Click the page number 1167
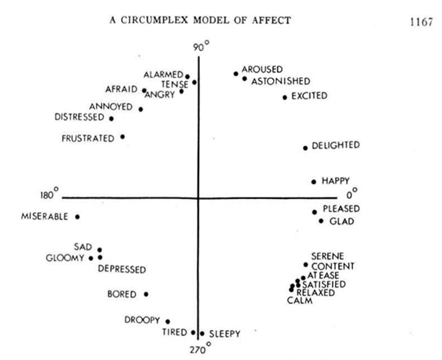(421, 22)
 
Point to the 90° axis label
(201, 47)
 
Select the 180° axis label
(49, 194)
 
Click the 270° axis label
(200, 348)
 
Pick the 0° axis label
(351, 194)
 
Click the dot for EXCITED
(285, 98)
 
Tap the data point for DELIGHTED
(305, 148)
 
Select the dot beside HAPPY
(314, 182)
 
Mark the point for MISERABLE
(77, 217)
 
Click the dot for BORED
(146, 294)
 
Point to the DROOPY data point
(168, 322)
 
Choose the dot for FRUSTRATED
(123, 137)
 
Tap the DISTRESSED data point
(112, 119)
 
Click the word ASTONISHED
(281, 81)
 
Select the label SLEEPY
(225, 333)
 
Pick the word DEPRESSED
(122, 269)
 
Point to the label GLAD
(341, 221)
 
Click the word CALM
(300, 301)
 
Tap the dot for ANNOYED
(141, 109)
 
